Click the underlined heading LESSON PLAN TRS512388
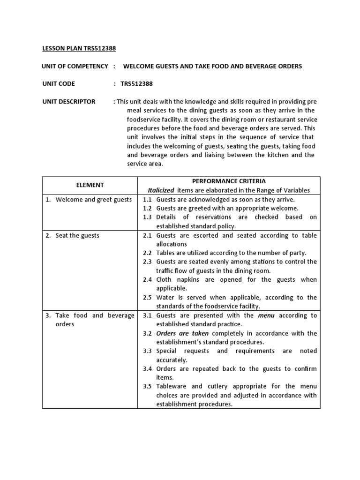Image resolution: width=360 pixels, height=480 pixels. (79, 48)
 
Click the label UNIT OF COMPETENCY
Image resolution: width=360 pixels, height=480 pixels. (75, 66)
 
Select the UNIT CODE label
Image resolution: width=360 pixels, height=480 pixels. (58, 84)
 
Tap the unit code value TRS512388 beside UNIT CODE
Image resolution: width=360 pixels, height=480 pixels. (136, 84)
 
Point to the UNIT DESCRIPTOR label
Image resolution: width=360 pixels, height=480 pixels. (68, 102)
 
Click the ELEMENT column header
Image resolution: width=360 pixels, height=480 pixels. (90, 185)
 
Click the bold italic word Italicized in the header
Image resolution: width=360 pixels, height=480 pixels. (161, 190)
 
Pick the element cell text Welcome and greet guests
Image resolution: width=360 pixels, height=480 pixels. (93, 200)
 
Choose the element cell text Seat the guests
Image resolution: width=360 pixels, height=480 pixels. (77, 235)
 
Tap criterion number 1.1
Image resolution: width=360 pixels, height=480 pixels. (147, 200)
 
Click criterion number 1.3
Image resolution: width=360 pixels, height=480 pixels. (147, 217)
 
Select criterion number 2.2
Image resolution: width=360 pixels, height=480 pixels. (147, 253)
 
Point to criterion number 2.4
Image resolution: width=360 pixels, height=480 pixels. (147, 279)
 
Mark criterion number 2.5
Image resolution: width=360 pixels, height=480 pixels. (147, 297)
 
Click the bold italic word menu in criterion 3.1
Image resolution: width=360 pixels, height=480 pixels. (266, 315)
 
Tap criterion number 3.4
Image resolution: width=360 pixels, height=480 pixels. (147, 368)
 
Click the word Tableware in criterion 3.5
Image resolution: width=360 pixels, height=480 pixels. (172, 386)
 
